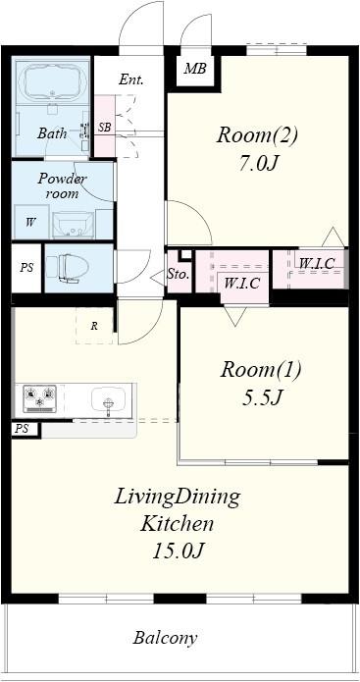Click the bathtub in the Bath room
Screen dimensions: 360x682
[x=53, y=82]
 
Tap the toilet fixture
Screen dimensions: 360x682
[x=68, y=267]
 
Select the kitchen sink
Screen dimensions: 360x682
[x=108, y=398]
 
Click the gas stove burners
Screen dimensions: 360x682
[x=39, y=398]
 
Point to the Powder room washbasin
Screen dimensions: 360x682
[x=73, y=225]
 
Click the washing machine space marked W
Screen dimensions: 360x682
[x=30, y=222]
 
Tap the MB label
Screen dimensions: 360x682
[x=195, y=69]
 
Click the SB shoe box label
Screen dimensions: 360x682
[x=104, y=128]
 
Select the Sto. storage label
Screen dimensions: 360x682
[x=179, y=275]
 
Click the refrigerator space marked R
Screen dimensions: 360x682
[x=94, y=326]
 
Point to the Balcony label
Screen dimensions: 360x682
[x=165, y=638]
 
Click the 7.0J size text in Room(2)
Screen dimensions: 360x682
[x=257, y=164]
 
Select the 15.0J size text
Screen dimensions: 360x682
[x=179, y=551]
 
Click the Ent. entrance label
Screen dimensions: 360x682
[x=131, y=79]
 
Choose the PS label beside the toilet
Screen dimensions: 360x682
[x=26, y=268]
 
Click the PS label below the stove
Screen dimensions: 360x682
[x=22, y=429]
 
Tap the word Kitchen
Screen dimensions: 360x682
[x=177, y=524]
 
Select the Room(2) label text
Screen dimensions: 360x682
[x=257, y=135]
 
